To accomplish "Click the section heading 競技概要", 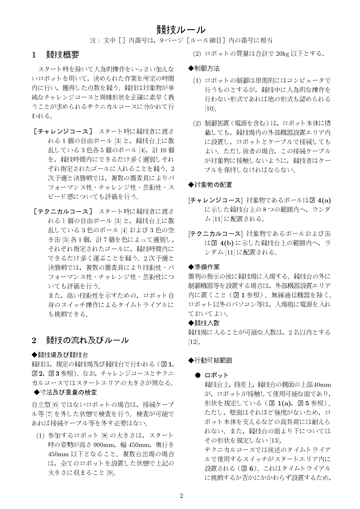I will [63, 55].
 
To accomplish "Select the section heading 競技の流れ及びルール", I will [87, 340].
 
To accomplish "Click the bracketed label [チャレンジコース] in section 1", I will [63, 132].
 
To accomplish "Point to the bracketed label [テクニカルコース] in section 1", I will [63, 212].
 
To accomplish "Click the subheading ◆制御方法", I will [204, 68].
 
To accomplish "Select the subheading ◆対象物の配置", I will [210, 185].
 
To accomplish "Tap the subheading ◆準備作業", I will [204, 267].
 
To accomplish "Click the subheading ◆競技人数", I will [204, 323].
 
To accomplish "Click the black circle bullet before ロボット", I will [198, 375].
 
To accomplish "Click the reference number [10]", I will [210, 108].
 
